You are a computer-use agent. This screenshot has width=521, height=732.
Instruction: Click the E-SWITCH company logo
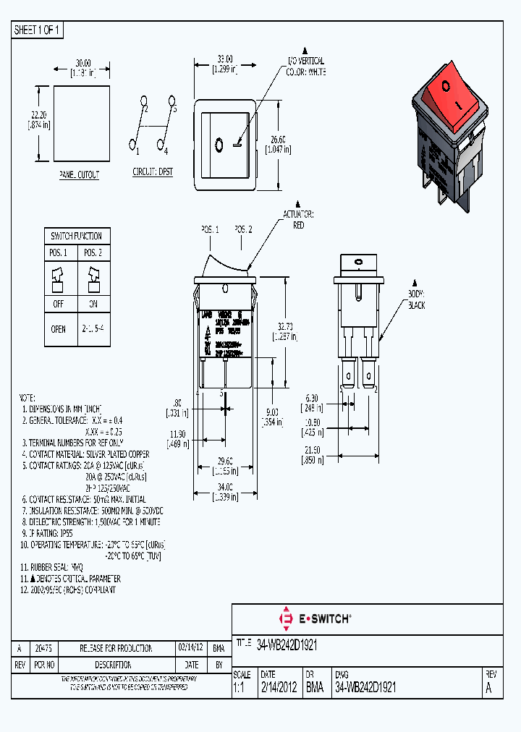[x=315, y=618]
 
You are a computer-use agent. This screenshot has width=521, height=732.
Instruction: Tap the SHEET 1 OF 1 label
[x=38, y=30]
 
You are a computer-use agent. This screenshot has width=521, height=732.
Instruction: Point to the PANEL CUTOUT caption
[x=80, y=175]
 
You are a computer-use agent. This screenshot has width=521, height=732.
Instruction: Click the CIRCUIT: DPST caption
[x=153, y=171]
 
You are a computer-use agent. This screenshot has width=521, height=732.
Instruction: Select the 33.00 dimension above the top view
[x=224, y=59]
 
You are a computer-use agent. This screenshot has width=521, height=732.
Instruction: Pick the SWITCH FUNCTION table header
[x=76, y=237]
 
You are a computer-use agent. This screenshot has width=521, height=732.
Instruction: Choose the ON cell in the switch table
[x=93, y=305]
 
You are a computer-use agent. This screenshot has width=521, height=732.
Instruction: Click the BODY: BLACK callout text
[x=415, y=300]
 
